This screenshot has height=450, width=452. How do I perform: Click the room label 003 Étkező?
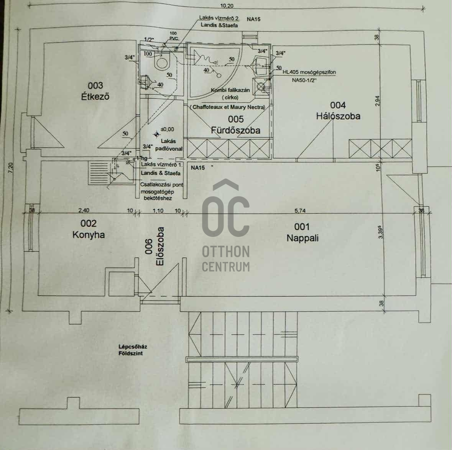(95, 91)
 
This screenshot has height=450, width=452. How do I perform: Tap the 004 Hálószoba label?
(338, 110)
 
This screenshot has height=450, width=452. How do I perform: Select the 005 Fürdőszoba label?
(235, 125)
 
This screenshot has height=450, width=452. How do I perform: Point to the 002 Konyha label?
(89, 229)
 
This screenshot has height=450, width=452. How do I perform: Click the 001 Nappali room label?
(302, 232)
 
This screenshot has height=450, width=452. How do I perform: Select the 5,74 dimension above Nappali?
(300, 210)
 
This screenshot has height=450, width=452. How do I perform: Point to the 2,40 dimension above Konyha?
(84, 210)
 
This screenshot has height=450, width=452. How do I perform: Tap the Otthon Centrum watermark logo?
(226, 226)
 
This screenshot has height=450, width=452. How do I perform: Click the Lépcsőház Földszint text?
(133, 350)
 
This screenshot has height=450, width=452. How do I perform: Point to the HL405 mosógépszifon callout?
(309, 72)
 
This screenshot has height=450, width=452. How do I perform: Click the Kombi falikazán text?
(230, 90)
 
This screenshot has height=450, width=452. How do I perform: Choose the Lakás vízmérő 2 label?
(219, 18)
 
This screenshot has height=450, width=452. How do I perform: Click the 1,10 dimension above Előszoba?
(158, 210)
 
